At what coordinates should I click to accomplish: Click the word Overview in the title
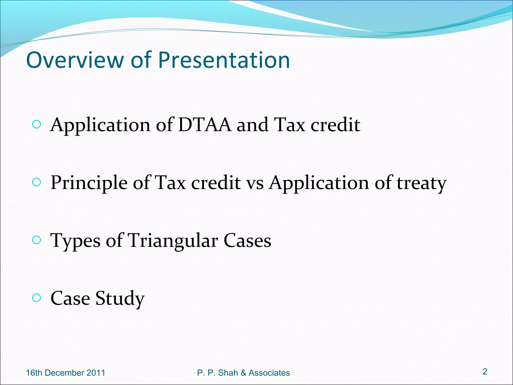coord(75,60)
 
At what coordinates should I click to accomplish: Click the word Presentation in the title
coord(224,60)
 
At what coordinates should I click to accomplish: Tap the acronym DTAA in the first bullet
coord(205,125)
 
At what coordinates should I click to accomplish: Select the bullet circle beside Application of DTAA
coord(37,125)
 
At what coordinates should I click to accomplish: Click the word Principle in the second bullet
coord(89,183)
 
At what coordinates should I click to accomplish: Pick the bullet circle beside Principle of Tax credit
coord(37,182)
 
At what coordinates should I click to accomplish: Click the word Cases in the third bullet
coord(247,241)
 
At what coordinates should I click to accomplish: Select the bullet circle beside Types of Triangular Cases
coord(37,240)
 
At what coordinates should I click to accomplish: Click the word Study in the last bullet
coord(120,298)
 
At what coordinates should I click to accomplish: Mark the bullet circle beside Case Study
coord(37,298)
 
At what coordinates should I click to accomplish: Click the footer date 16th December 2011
coord(66,373)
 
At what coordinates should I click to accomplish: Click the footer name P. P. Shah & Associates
coord(243,373)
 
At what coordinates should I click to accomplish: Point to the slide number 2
coord(485,371)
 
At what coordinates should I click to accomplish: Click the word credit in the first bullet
coord(335,125)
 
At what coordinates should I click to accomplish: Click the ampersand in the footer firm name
coord(243,373)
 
